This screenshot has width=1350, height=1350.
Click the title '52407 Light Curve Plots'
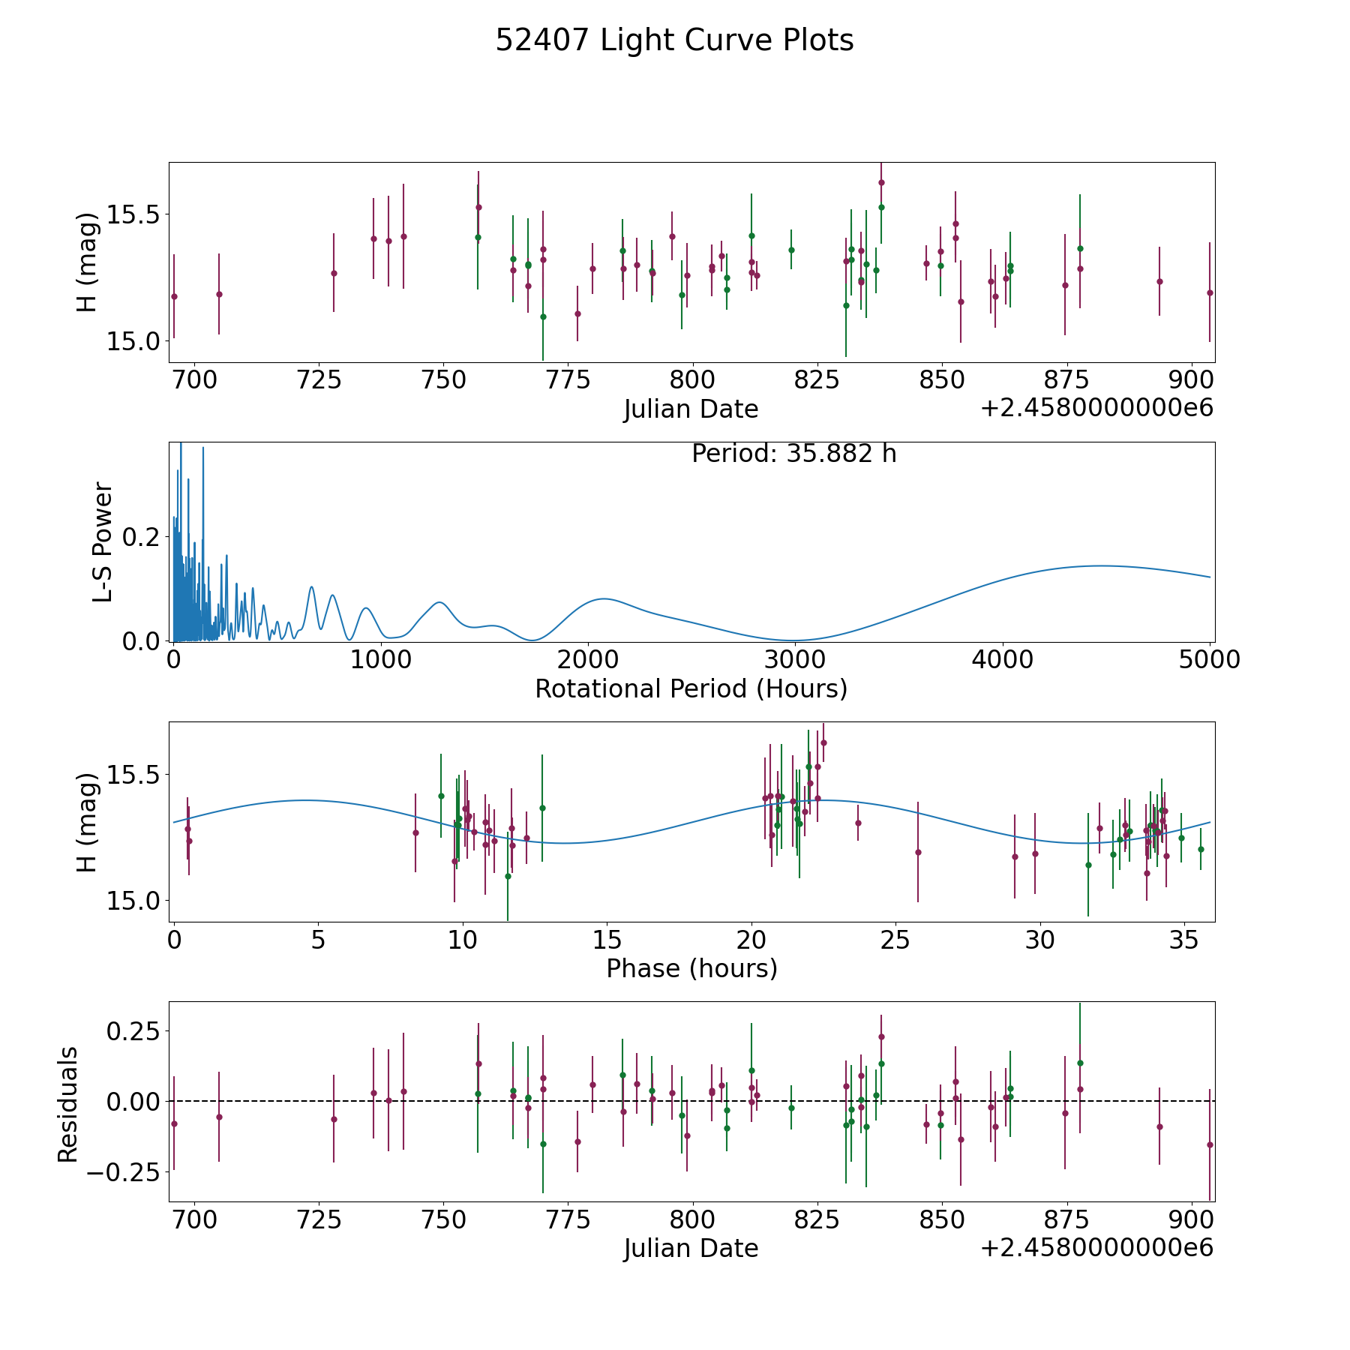click(674, 40)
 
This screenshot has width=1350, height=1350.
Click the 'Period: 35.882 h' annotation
click(793, 454)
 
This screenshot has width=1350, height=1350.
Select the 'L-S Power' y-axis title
click(103, 541)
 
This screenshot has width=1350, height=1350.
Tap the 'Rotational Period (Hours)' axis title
click(691, 688)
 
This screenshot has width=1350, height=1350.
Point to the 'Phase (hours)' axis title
click(691, 968)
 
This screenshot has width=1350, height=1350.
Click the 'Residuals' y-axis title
click(67, 1104)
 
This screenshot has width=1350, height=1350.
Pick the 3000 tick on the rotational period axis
click(795, 660)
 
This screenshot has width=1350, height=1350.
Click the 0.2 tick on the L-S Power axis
click(140, 537)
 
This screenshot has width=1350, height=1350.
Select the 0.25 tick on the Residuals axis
click(133, 1031)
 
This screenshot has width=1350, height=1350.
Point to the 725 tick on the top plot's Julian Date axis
click(319, 380)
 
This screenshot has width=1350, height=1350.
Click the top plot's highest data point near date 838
click(881, 182)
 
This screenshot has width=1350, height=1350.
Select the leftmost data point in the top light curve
click(174, 296)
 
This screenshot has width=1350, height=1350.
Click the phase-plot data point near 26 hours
click(918, 852)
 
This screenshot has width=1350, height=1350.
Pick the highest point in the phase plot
click(823, 742)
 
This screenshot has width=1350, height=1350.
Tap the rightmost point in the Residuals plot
click(1210, 1144)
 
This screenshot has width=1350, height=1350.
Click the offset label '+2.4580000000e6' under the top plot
click(1097, 408)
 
